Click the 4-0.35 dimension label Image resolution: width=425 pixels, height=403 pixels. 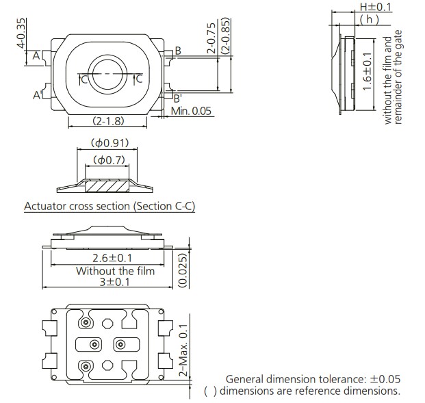click(21, 31)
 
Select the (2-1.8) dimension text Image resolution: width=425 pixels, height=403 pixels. click(107, 121)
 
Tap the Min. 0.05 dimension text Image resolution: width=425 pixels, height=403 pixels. click(191, 111)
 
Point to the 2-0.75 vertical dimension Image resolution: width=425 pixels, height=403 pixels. click(212, 40)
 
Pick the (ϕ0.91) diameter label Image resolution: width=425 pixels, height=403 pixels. click(109, 144)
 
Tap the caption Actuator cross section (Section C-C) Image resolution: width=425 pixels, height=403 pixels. click(110, 206)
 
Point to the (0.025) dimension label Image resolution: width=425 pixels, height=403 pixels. click(183, 271)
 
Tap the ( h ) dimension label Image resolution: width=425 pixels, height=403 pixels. click(370, 19)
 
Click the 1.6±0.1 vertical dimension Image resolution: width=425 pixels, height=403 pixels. click(368, 74)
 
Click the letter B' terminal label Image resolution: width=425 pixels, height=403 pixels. click(177, 98)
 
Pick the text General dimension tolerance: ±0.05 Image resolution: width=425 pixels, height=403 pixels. click(313, 379)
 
